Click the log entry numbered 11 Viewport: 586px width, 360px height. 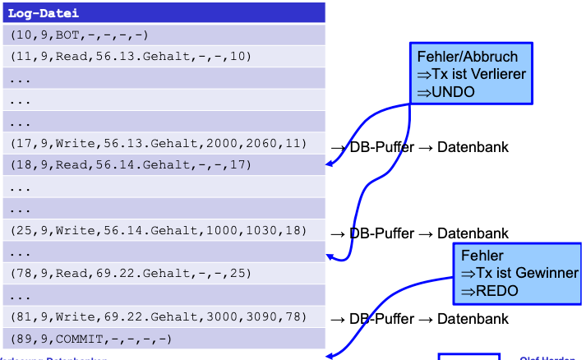click(131, 57)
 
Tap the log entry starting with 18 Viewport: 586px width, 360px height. click(131, 165)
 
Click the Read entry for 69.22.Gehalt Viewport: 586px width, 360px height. click(131, 273)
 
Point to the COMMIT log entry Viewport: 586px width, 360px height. click(90, 338)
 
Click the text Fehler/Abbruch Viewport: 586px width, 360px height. click(467, 57)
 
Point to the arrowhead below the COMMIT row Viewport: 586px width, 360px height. click(330, 355)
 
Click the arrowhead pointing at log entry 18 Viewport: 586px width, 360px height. click(330, 164)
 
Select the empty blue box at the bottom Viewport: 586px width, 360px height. click(468, 357)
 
